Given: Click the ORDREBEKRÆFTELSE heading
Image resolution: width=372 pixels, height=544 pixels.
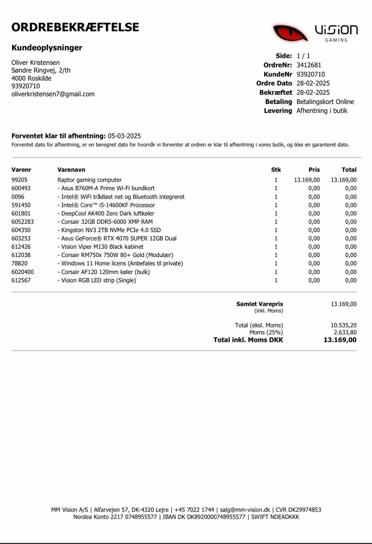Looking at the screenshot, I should pos(75,27).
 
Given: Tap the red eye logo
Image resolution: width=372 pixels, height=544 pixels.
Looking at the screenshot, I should pos(290,33).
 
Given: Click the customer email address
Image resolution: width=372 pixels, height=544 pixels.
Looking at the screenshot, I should pos(53,94).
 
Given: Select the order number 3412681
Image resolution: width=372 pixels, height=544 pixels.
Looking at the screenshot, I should pos(309,65).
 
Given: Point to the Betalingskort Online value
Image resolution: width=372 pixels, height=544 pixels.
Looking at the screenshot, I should pos(325,102).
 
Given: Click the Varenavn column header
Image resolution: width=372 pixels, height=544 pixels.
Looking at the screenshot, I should pos(71,170).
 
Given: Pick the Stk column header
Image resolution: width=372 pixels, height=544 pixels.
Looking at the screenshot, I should pos(276,170).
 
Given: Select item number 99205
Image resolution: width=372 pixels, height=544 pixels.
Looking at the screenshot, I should pos(19,180).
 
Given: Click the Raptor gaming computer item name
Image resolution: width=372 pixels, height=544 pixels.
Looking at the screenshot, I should pos(90,180).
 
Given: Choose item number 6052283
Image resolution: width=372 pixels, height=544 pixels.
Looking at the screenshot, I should pos(22,222).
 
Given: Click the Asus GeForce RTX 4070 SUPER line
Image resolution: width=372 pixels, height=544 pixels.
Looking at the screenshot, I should pos(117,238).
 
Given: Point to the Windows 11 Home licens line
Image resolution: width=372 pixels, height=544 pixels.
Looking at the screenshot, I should pos(120,263).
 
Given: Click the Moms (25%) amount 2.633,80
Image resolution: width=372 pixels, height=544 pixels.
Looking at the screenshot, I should pos(345,332).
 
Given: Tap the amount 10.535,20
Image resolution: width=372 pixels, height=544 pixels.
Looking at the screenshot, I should pos(343,325).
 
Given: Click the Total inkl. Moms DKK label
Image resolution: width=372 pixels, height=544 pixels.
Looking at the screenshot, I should pos(248,340).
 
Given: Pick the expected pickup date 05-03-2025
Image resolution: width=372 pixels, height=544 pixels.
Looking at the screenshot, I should pos(124,136).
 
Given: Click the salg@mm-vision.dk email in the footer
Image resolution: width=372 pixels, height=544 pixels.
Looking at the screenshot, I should pos(245,510).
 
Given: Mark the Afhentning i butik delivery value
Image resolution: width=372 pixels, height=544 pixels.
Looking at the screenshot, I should pos(322,111).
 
